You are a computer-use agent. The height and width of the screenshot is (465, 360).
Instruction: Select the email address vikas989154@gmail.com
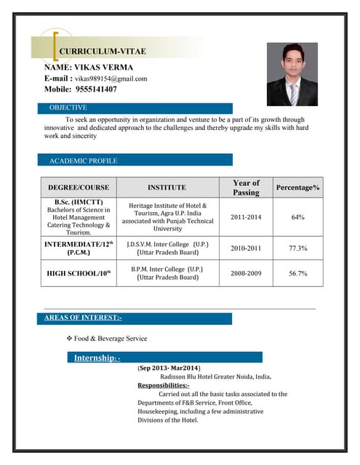point(111,78)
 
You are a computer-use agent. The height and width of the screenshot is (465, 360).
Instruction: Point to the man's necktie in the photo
point(293,93)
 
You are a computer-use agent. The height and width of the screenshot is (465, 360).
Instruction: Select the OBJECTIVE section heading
point(68,108)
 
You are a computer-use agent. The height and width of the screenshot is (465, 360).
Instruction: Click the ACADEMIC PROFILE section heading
point(83,160)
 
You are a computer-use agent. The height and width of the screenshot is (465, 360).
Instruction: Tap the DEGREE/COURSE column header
point(79,187)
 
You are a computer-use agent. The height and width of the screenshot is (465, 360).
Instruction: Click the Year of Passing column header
point(246,187)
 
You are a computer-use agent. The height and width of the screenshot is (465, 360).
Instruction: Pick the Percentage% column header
point(297,187)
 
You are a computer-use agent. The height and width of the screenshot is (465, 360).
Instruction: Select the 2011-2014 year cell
point(246,217)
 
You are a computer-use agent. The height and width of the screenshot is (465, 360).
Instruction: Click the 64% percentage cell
point(297,217)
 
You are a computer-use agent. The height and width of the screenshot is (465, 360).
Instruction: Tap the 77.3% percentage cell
point(297,248)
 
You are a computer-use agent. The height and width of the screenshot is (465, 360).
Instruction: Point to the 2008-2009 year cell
point(246,273)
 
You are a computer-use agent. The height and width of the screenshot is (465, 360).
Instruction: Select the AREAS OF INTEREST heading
point(83,318)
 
